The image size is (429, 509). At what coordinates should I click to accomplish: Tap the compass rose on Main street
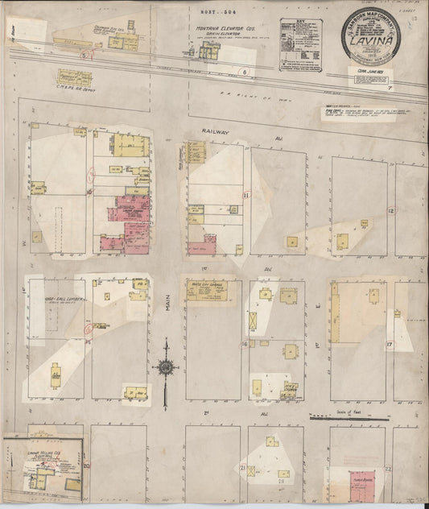[165, 368]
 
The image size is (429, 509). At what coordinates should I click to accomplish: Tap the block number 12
[390, 210]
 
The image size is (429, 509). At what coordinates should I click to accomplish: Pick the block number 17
[389, 344]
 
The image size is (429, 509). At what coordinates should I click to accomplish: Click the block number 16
[244, 344]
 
